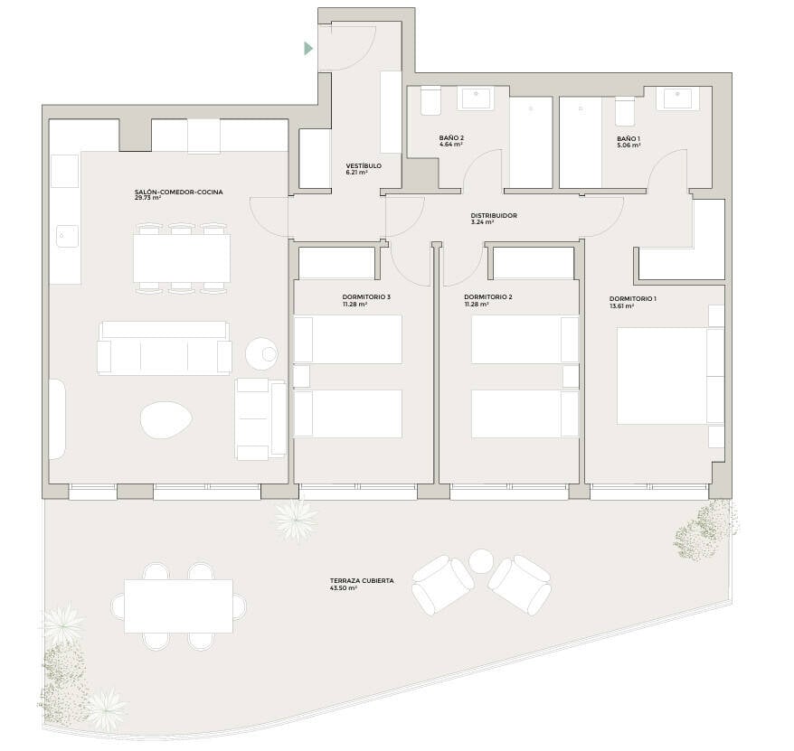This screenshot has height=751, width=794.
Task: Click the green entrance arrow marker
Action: [308, 49]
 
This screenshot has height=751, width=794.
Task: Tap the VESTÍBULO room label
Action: [364, 166]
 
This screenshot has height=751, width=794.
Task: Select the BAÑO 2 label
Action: [451, 137]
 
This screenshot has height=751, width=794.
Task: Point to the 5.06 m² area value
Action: [629, 145]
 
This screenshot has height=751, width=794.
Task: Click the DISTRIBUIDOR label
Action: [494, 216]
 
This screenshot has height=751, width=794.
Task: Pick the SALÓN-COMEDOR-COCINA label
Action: [179, 192]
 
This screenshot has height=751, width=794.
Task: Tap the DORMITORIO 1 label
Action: [633, 298]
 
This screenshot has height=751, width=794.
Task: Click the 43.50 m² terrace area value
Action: [344, 588]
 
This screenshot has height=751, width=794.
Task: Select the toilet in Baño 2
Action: [432, 101]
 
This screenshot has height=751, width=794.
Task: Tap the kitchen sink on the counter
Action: [67, 236]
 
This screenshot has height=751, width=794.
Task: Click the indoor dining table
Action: [182, 258]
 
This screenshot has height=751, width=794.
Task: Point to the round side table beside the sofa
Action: [261, 353]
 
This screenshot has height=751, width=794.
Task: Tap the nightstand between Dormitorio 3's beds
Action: [302, 377]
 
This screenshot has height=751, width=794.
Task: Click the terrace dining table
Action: [179, 606]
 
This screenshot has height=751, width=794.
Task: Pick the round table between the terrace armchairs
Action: [480, 561]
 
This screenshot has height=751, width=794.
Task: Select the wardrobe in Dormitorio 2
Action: [534, 263]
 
